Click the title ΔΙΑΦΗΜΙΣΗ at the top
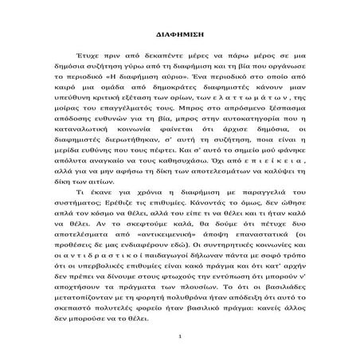(x=179, y=37)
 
